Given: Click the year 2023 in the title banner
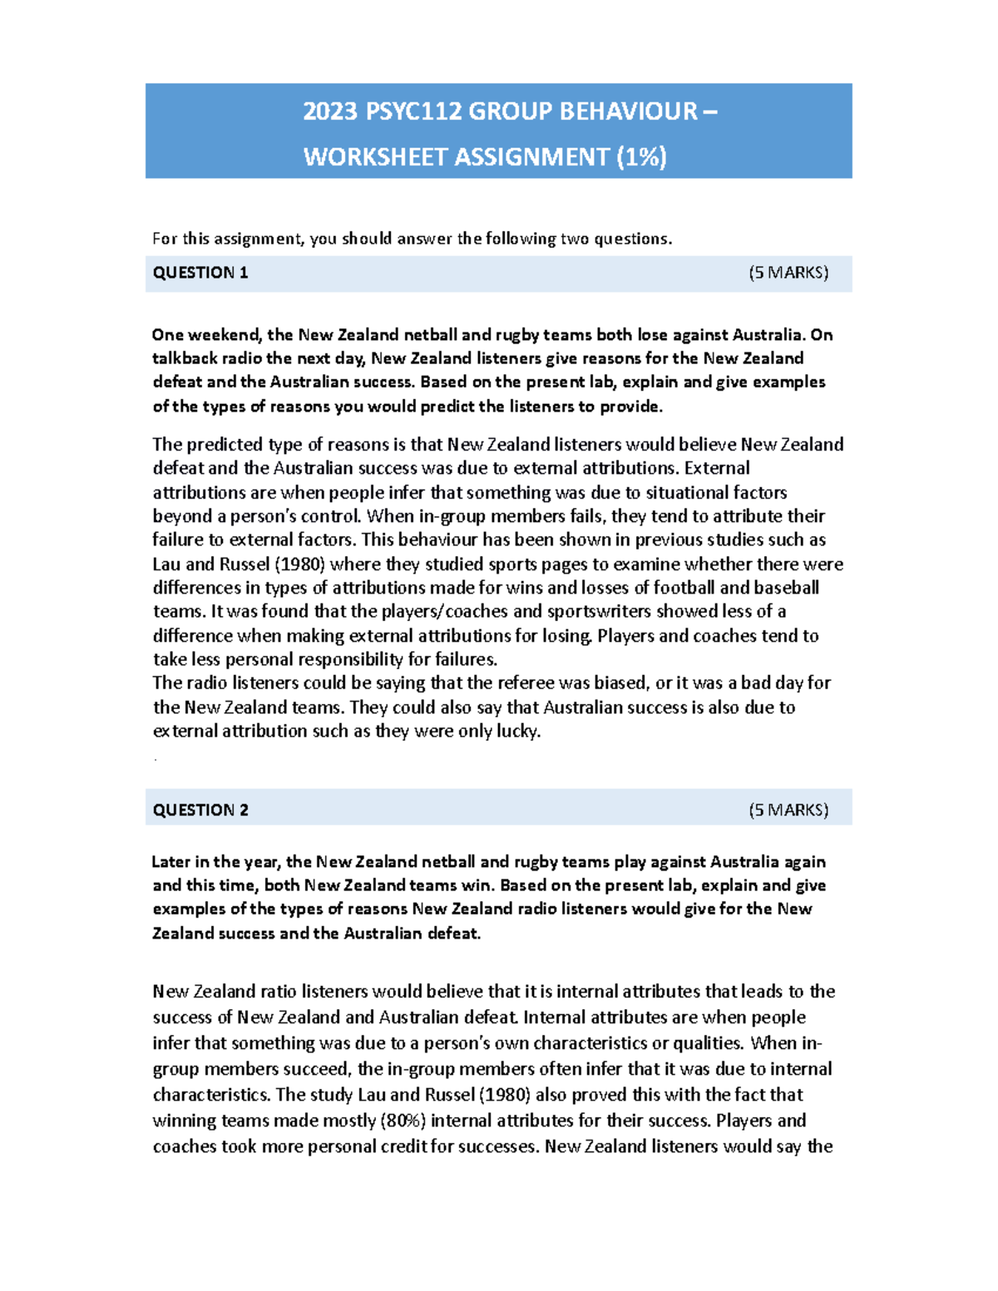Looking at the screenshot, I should tap(330, 111).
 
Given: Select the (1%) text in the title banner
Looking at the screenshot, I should tap(641, 157).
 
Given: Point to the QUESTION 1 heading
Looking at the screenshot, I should tap(200, 273).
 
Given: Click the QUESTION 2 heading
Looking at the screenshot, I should tap(200, 810).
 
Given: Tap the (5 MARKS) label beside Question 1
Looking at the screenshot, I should tap(788, 273).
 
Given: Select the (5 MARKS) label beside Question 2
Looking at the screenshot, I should tap(788, 810).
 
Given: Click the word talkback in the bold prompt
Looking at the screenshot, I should tap(183, 358).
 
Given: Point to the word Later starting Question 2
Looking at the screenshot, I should tap(171, 861).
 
